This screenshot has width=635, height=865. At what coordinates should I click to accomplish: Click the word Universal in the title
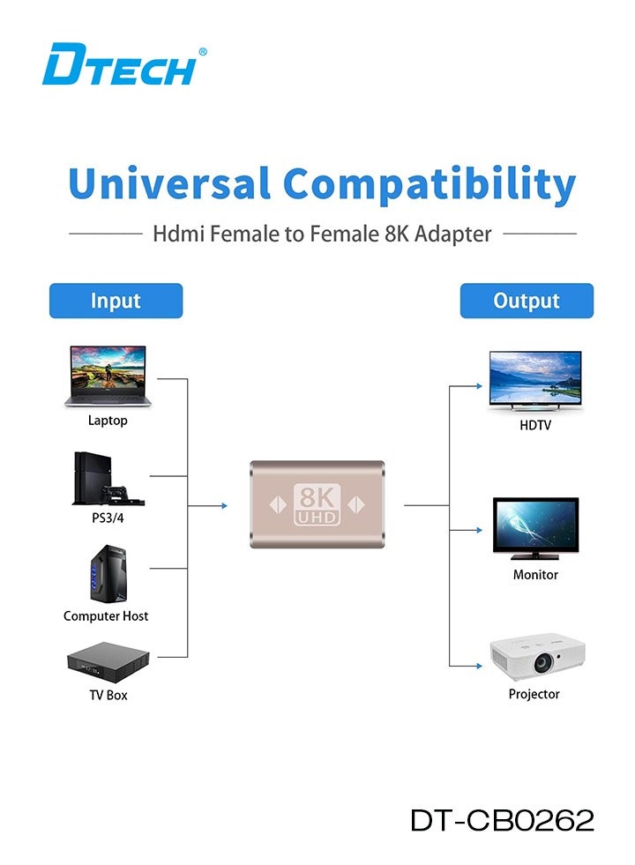[x=168, y=184]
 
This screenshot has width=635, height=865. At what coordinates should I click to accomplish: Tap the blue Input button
[x=116, y=301]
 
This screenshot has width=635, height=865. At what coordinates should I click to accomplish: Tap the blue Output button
[x=527, y=301]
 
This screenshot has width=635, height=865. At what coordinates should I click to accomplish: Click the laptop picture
[x=108, y=377]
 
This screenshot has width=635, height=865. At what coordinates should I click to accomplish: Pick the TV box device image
[x=108, y=661]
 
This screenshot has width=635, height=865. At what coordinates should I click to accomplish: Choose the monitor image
[x=535, y=528]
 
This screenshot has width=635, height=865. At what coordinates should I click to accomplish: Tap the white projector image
[x=537, y=657]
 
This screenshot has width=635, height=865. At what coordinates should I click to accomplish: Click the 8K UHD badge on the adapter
[x=317, y=503]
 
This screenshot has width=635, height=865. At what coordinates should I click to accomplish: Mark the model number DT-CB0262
[x=502, y=820]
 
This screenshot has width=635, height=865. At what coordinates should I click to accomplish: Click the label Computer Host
[x=106, y=616]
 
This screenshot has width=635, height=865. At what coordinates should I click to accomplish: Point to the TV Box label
[x=108, y=695]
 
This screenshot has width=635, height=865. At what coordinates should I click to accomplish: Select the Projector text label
[x=534, y=694]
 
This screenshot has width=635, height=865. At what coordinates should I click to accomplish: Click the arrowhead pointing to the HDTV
[x=480, y=385]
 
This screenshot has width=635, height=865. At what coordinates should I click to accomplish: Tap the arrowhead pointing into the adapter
[x=224, y=505]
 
